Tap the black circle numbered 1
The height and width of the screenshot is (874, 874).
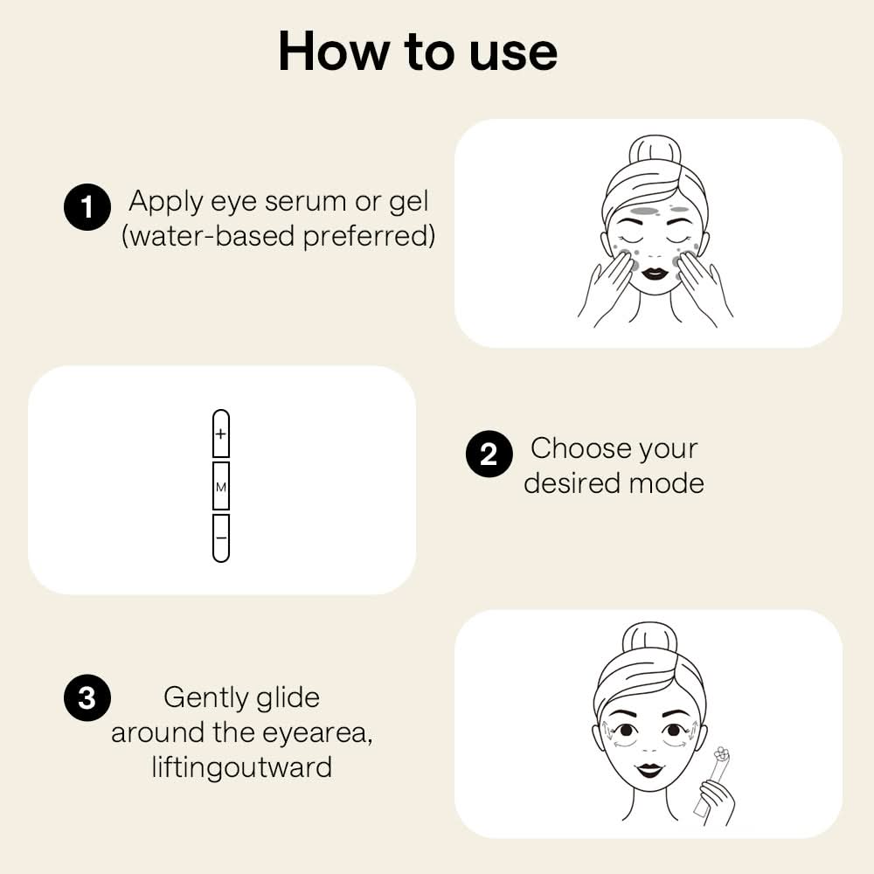click(x=87, y=208)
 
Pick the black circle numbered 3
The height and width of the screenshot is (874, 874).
click(x=87, y=699)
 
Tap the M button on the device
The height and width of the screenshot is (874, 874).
click(x=221, y=486)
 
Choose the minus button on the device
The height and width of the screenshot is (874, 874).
click(x=221, y=538)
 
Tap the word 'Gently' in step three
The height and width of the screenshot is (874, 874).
click(x=205, y=697)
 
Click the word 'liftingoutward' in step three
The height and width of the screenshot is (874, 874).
click(x=241, y=767)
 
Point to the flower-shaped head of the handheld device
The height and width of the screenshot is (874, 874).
click(x=720, y=753)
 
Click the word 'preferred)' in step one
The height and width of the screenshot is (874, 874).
click(x=369, y=236)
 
